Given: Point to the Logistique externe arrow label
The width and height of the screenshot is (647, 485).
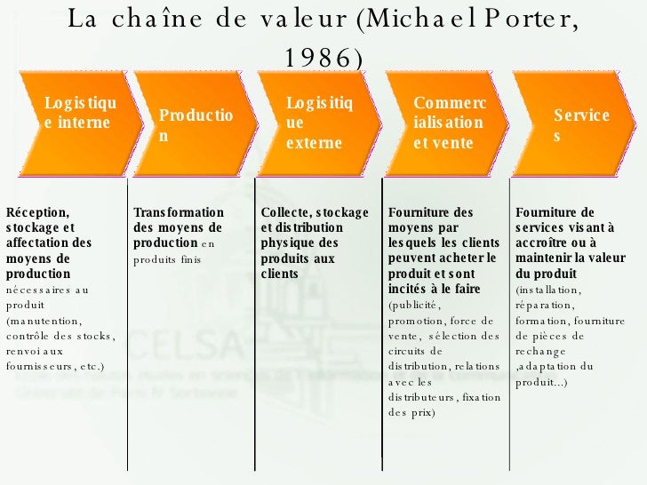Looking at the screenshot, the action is [x=319, y=123].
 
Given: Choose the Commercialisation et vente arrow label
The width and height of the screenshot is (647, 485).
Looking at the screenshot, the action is [x=449, y=123].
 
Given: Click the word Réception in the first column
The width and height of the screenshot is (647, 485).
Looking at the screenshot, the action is [x=36, y=212].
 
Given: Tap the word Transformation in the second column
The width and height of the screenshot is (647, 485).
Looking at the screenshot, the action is [x=178, y=212].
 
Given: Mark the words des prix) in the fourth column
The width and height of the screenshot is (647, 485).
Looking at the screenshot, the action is [x=411, y=412].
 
